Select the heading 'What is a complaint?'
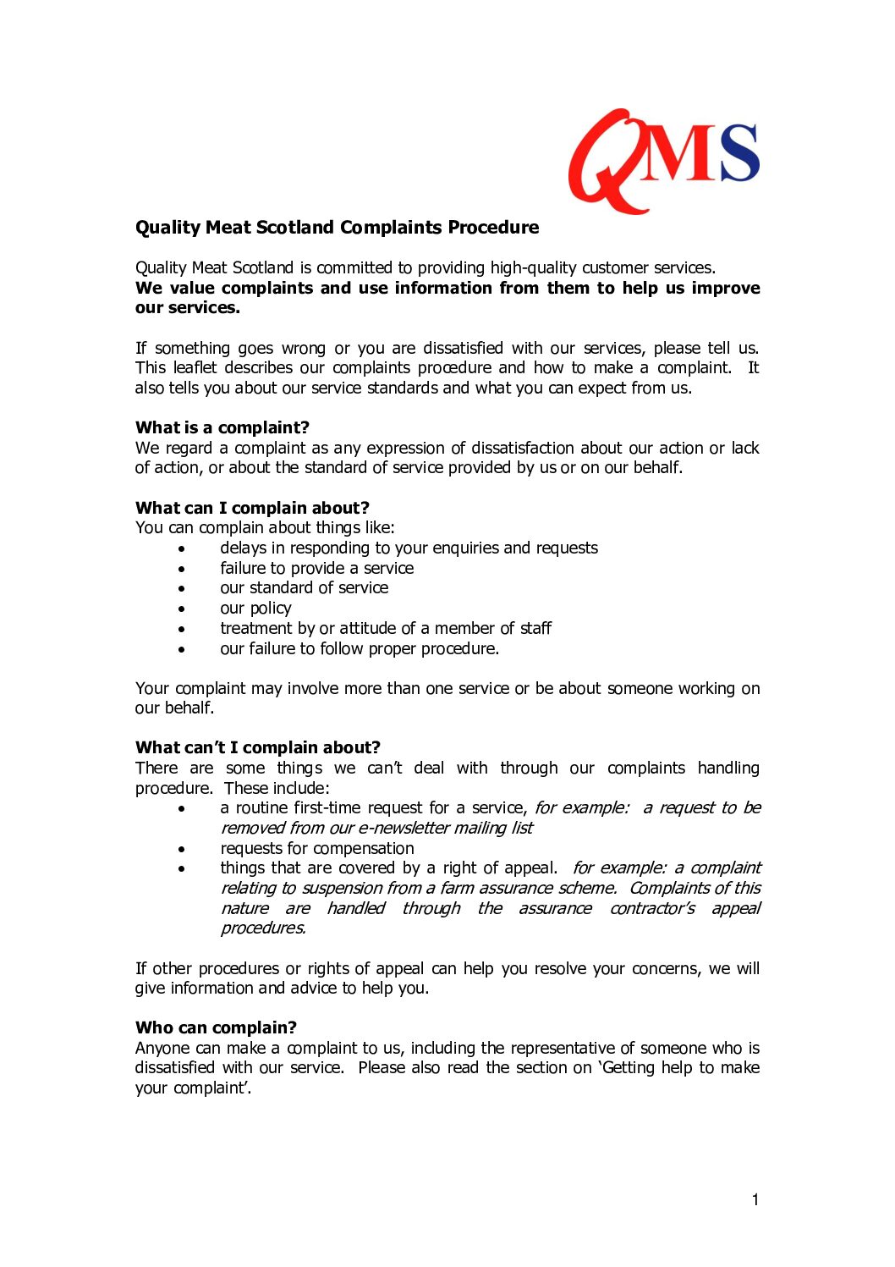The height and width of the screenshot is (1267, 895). click(x=222, y=427)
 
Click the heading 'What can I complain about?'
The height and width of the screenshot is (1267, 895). click(x=252, y=508)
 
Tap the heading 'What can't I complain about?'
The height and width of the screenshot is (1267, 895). click(x=258, y=747)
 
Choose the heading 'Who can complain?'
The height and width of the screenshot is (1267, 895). click(x=216, y=1027)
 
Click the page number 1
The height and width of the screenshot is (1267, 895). click(x=755, y=1199)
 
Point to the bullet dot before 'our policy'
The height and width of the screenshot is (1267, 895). click(x=182, y=609)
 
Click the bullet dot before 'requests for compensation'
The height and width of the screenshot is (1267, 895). click(x=182, y=849)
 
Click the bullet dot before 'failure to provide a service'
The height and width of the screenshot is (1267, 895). click(x=182, y=569)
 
